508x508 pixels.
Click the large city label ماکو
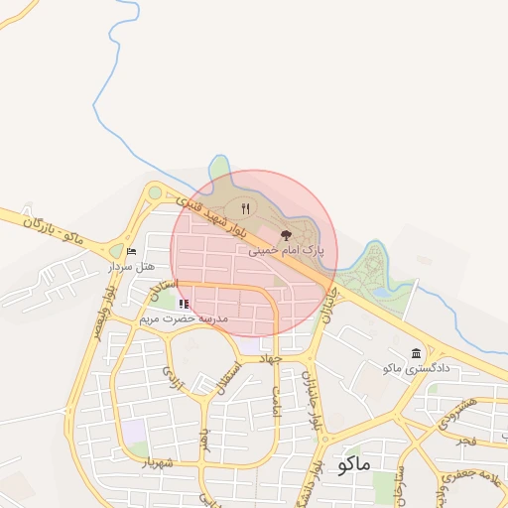click(x=354, y=463)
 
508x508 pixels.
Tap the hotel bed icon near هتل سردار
click(x=132, y=252)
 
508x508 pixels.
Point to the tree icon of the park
click(x=287, y=236)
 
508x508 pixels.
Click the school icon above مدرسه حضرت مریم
click(x=184, y=304)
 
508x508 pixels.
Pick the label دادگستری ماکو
click(x=417, y=368)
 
